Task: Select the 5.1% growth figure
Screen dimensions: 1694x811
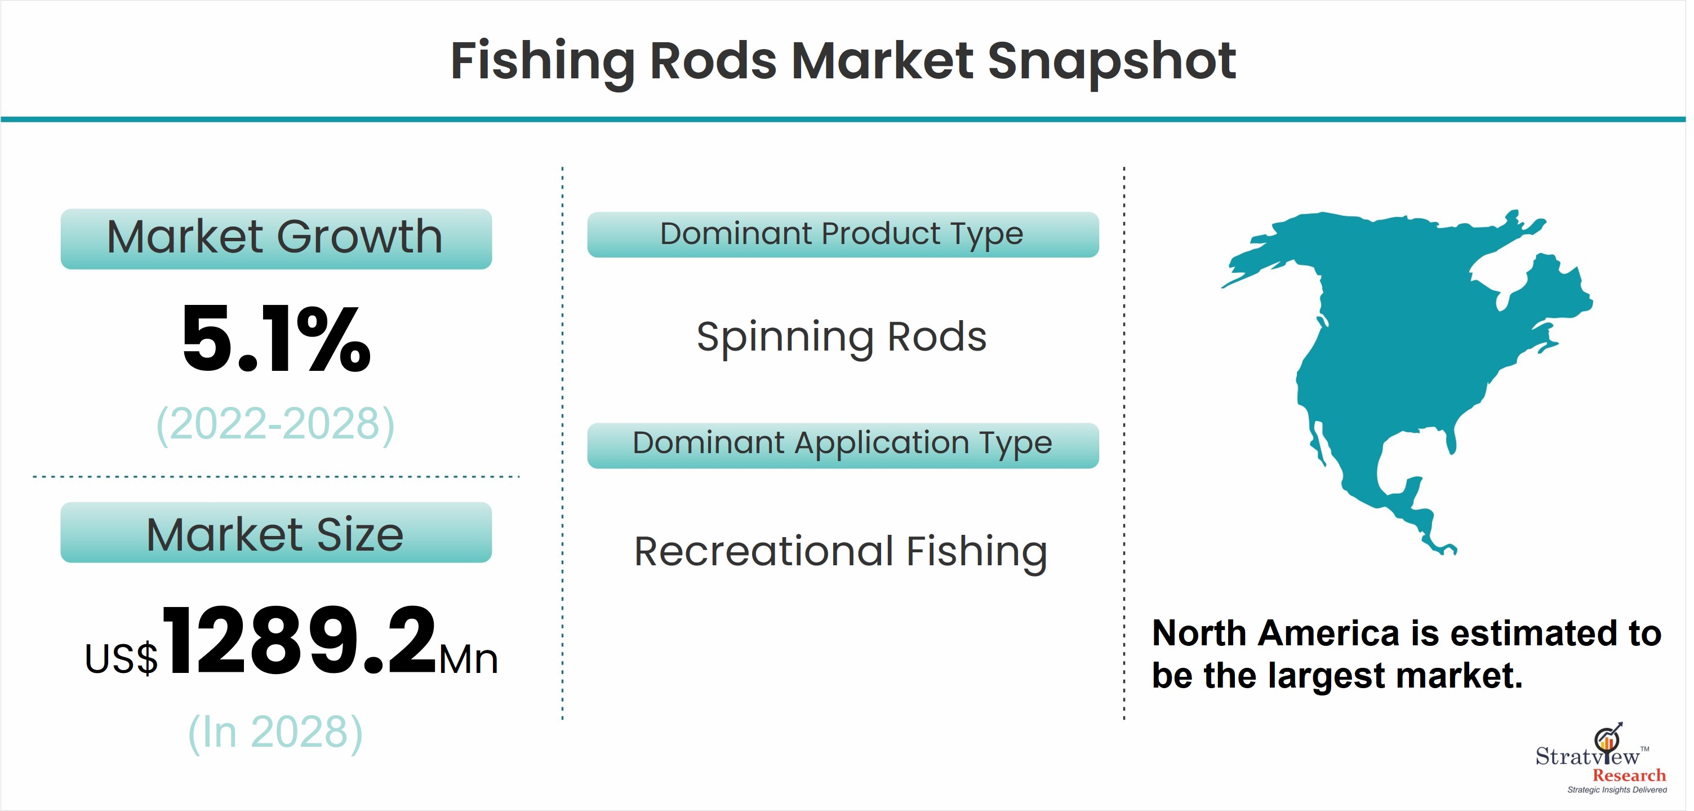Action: [276, 339]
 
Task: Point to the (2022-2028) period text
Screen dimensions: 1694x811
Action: [275, 424]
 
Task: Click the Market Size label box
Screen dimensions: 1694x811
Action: [276, 532]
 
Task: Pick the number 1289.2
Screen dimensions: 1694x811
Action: [299, 641]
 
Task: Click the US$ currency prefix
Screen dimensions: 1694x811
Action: [122, 658]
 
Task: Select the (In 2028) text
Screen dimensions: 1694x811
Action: [275, 732]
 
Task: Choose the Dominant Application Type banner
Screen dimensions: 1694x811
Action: [843, 445]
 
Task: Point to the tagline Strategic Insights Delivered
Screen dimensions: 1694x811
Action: [1617, 790]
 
